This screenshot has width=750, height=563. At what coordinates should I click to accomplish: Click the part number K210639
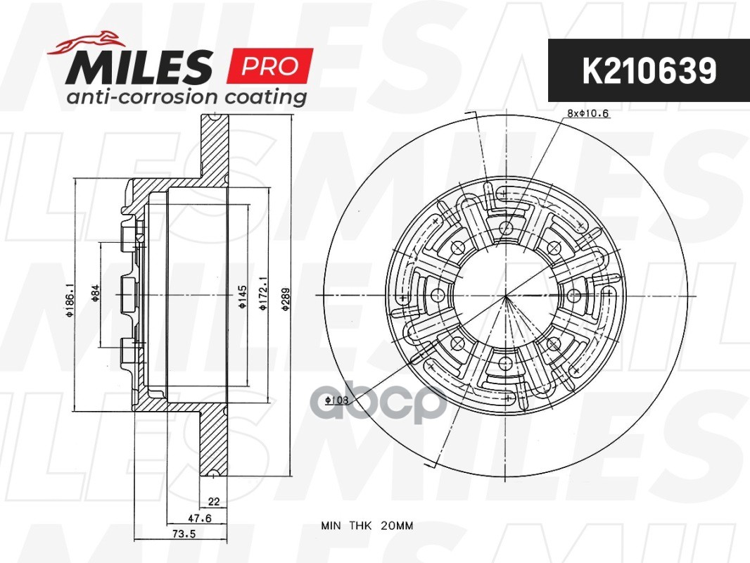point(649,71)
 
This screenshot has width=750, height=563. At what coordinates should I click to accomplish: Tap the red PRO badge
point(269,65)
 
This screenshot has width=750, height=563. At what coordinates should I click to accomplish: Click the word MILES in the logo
point(139,66)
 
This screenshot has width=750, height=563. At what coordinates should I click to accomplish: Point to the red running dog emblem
point(83,42)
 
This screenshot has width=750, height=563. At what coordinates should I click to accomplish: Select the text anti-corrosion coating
point(186,96)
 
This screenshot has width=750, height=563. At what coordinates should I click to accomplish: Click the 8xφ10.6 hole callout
point(588,113)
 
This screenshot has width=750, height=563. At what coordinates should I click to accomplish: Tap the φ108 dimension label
point(337,400)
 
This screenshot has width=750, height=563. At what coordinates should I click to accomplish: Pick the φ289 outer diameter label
point(286,299)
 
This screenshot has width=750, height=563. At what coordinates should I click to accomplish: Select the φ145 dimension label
point(243,296)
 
